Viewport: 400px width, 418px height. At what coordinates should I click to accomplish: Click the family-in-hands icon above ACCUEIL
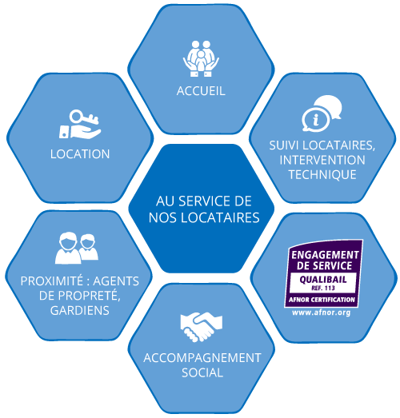201,58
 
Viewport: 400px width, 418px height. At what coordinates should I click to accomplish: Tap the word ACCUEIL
201,91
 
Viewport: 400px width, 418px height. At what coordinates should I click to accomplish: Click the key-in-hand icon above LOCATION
80,124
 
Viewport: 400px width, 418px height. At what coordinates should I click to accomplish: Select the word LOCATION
80,154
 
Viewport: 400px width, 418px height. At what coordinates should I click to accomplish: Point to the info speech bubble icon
322,113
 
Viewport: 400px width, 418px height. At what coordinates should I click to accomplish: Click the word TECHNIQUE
322,174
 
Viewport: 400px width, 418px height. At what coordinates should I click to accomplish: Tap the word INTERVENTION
322,160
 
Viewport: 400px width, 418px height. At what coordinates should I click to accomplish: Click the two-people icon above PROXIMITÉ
77,248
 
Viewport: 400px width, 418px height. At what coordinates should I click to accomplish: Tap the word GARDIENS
80,310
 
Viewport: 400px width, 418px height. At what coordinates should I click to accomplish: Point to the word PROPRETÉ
88,296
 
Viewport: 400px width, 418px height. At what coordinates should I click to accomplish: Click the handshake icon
202,327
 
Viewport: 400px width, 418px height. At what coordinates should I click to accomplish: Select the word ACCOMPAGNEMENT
202,358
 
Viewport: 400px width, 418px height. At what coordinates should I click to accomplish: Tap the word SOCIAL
202,372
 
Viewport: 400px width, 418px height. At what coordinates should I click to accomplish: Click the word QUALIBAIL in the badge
323,280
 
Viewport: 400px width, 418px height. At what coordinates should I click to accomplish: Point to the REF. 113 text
323,289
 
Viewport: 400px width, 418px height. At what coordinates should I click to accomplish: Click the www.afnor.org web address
322,313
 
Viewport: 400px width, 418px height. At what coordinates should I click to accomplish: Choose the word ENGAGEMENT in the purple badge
325,255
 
